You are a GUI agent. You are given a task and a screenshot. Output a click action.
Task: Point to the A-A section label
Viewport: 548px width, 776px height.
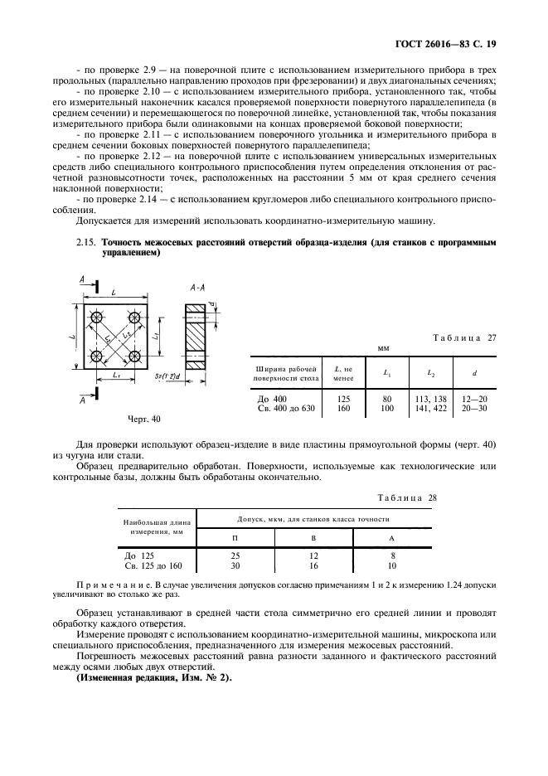[197, 287]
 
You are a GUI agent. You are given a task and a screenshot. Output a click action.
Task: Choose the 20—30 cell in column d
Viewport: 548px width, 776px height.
[473, 408]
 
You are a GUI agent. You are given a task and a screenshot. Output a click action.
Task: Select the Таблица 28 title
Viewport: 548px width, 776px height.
[406, 497]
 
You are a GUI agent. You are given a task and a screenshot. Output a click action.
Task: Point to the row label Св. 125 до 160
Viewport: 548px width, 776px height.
[153, 565]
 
